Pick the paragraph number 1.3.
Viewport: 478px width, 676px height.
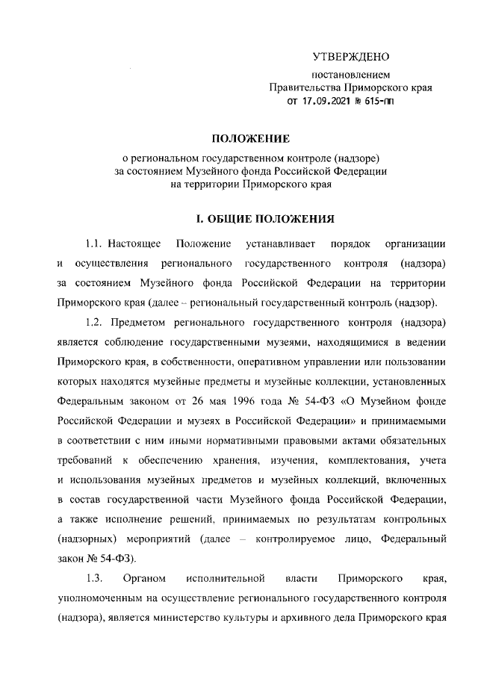[x=93, y=578]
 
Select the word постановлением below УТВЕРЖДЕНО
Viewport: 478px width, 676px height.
[x=350, y=75]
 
